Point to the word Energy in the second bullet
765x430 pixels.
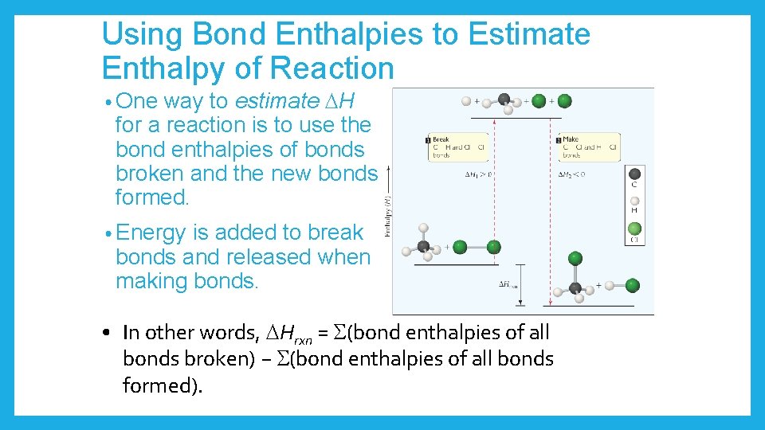[x=151, y=233]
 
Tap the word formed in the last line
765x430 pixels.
[x=159, y=385]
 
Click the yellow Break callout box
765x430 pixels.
[x=457, y=147]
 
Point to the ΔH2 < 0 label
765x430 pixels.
[x=571, y=174]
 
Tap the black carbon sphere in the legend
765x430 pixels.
[x=634, y=174]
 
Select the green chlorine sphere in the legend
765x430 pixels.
[x=634, y=229]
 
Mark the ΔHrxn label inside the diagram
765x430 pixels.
[x=509, y=283]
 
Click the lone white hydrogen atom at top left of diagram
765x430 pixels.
[x=465, y=101]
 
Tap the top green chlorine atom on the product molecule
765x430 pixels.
[x=575, y=258]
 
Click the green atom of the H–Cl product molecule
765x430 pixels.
[x=632, y=284]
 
